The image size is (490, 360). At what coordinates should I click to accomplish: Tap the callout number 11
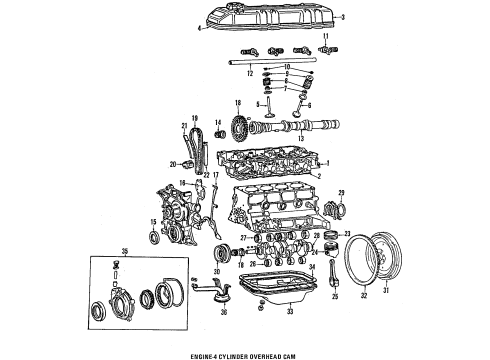tap(325, 36)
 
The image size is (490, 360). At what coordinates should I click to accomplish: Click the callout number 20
tap(174, 164)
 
